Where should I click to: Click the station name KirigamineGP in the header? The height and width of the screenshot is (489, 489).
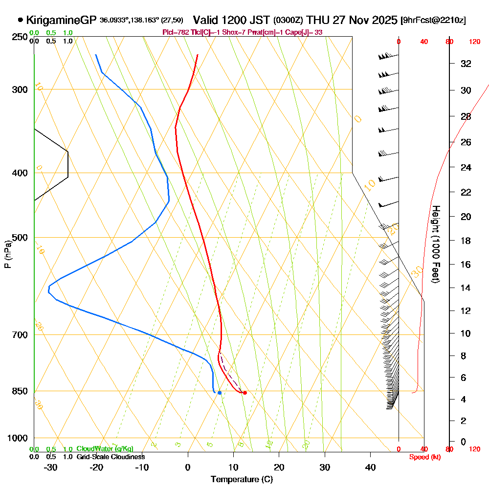coord(61,21)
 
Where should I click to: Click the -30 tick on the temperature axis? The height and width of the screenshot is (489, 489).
coord(51,467)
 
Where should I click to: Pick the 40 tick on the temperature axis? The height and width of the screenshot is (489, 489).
coord(370,467)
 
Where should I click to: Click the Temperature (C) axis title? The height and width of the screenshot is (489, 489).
coord(242,479)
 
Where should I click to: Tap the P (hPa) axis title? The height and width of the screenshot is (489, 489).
coord(7,254)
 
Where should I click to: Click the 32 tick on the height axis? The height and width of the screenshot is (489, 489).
coord(466,64)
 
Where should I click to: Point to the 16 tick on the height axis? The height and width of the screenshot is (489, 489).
coord(466,265)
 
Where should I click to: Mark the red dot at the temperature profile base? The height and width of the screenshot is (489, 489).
coord(244,393)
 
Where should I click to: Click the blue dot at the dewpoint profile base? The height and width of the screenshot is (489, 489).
coord(220,393)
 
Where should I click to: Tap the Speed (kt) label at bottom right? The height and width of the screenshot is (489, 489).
coord(423,457)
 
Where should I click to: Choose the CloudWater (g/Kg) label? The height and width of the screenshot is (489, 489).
coord(105,448)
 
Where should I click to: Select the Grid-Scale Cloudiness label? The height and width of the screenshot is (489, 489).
coord(111,457)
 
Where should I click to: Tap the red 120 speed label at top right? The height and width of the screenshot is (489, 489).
coord(474,42)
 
